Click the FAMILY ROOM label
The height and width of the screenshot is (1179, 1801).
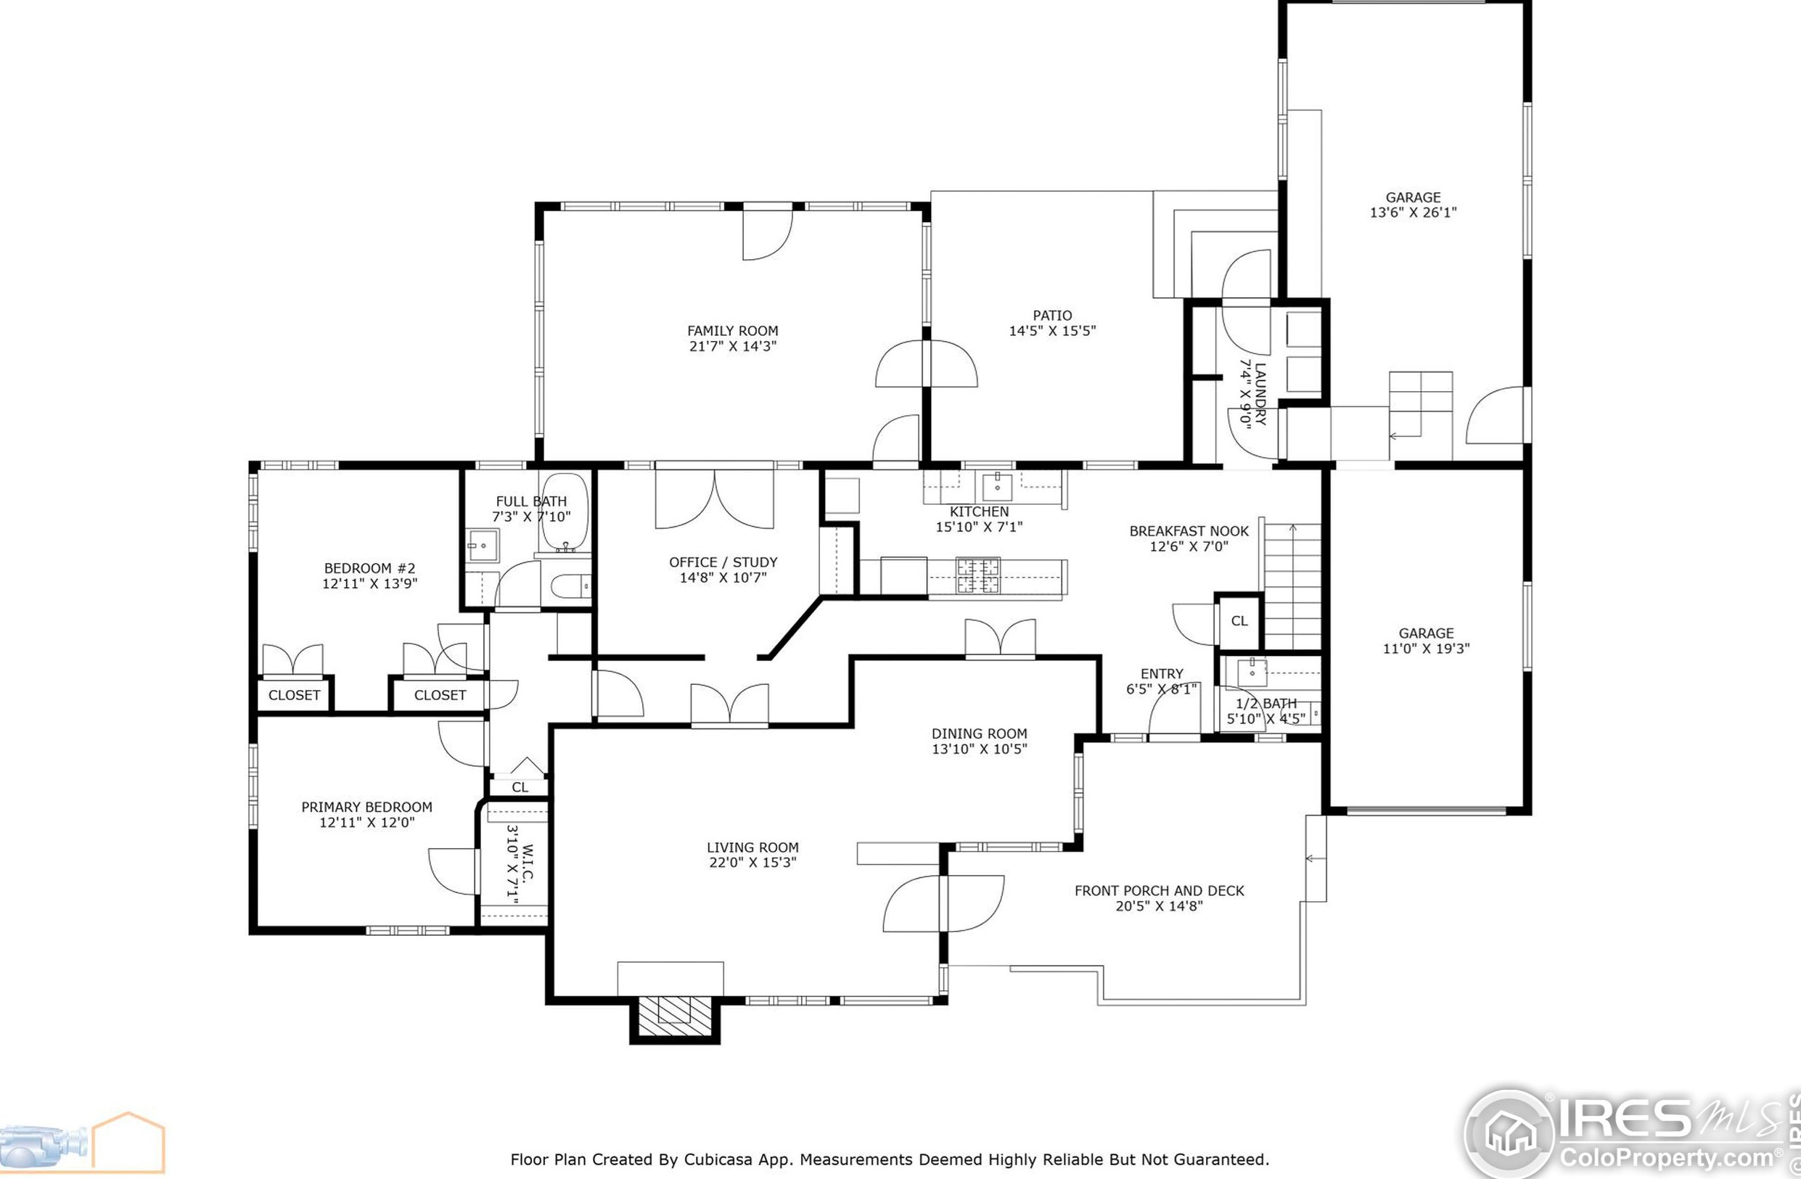(731, 331)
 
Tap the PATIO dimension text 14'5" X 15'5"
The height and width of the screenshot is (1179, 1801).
(1052, 331)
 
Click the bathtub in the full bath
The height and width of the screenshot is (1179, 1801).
(563, 514)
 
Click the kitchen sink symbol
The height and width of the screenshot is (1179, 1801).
(997, 487)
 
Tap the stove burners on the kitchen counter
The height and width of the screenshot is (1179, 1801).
(977, 575)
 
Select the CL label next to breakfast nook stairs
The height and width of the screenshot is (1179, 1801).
(1239, 621)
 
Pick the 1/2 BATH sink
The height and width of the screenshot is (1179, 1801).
(1252, 670)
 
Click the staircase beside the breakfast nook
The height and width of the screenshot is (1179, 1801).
(1292, 586)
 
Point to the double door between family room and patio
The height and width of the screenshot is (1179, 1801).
(926, 366)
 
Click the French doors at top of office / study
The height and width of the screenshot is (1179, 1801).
(714, 499)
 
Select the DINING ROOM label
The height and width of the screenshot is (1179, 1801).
(978, 734)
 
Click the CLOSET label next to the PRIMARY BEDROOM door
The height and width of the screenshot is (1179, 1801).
(440, 694)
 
